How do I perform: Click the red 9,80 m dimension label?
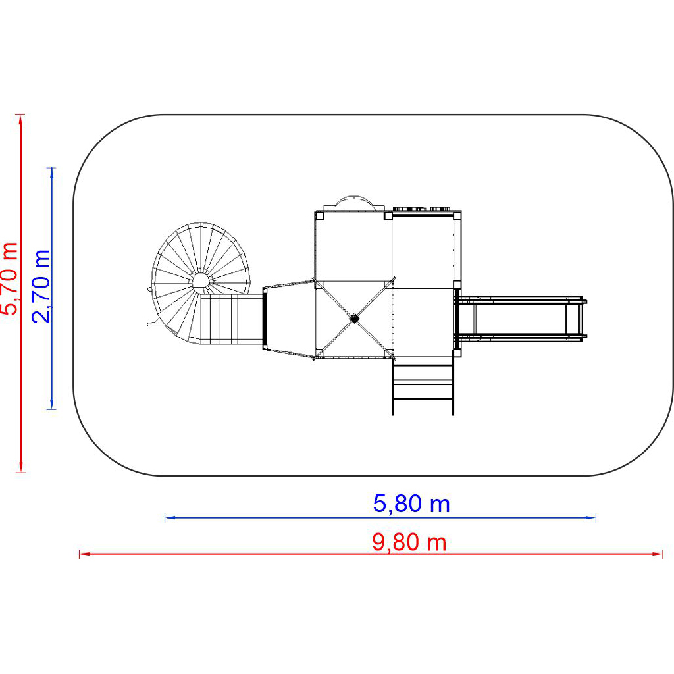click(409, 542)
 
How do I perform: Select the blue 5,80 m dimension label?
click(411, 504)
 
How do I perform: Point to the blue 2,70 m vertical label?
click(41, 286)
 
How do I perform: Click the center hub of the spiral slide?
click(200, 281)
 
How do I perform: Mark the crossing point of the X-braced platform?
click(353, 318)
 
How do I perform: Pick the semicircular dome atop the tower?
click(353, 204)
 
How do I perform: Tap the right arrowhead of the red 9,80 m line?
click(658, 554)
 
